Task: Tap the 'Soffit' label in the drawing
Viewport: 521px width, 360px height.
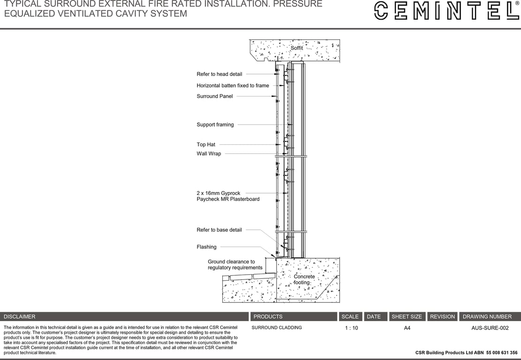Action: click(x=296, y=48)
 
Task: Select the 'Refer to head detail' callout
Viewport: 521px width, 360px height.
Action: click(x=219, y=74)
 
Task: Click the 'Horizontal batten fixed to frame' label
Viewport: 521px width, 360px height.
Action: click(x=233, y=86)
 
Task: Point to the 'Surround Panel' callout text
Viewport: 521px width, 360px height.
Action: click(x=214, y=97)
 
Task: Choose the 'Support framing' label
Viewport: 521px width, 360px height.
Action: click(x=215, y=125)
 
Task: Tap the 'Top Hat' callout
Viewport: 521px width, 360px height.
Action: click(x=206, y=144)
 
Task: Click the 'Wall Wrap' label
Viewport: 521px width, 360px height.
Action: click(x=209, y=154)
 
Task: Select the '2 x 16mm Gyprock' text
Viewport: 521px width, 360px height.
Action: click(x=218, y=193)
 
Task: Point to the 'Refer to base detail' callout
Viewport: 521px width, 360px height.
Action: click(x=219, y=230)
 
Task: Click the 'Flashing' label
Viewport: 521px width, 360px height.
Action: click(x=206, y=247)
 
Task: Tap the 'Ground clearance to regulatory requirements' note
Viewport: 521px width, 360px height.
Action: click(x=234, y=265)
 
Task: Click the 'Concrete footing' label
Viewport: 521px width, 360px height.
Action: click(x=304, y=279)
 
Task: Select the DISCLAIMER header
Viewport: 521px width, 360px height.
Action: click(x=20, y=317)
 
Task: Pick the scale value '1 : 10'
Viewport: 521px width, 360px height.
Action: click(x=351, y=328)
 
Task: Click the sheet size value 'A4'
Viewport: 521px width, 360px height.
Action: click(x=407, y=328)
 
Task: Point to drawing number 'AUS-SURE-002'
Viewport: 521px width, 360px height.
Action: click(x=490, y=328)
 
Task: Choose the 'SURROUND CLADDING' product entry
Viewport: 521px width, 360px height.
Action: click(x=277, y=328)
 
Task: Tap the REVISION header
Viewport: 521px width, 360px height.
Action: click(x=442, y=317)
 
